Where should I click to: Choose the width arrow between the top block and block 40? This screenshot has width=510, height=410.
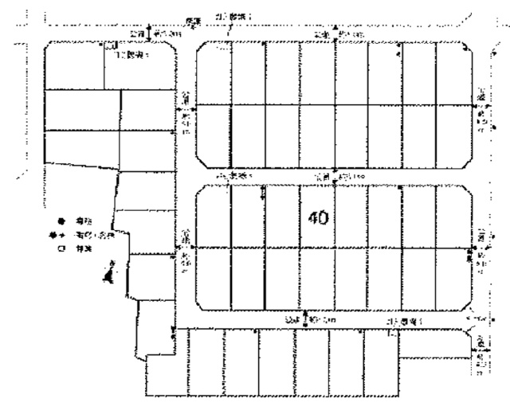point(335,175)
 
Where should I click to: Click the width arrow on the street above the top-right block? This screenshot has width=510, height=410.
point(335,33)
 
